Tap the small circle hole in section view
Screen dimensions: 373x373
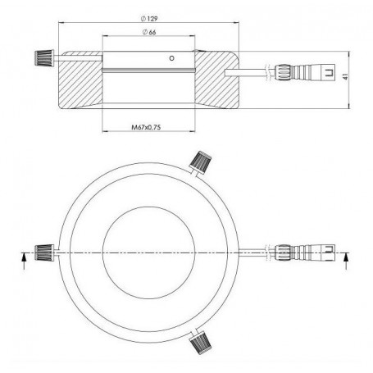(171, 58)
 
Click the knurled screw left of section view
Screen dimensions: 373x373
(39, 58)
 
